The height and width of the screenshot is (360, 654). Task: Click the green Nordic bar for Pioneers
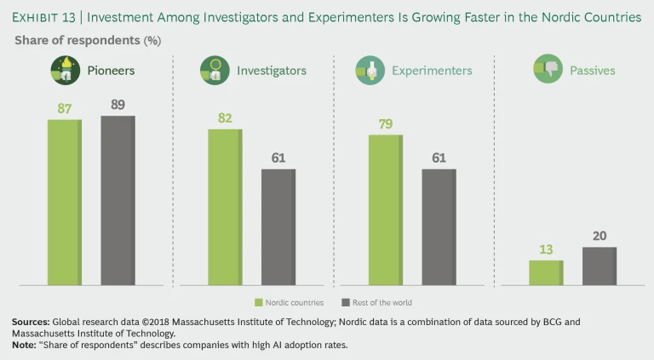[x=64, y=202]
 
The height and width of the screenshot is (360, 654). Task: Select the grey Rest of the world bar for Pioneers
[x=118, y=200]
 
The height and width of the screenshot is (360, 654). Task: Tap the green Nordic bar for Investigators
[x=225, y=207]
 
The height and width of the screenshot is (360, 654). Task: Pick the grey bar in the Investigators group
[x=278, y=226]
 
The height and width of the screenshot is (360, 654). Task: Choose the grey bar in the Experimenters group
[x=439, y=226]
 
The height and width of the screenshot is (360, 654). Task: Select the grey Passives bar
[x=599, y=266]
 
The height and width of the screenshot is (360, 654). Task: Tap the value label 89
[x=118, y=104]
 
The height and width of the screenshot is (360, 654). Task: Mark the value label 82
[x=225, y=118]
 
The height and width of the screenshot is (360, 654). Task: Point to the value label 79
[x=386, y=123]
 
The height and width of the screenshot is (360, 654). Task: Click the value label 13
[x=546, y=249]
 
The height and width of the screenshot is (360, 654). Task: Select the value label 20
[x=599, y=236]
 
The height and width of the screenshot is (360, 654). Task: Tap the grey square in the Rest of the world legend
[x=345, y=302]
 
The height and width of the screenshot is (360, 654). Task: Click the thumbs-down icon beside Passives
[x=548, y=70]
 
